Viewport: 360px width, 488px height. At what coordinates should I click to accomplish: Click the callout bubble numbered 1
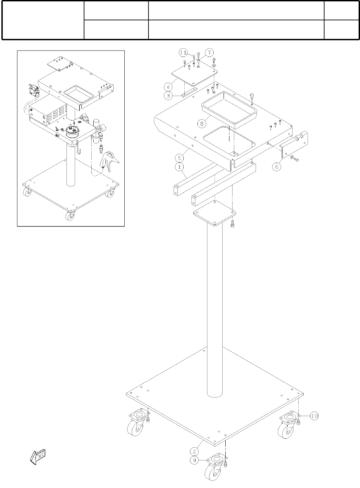coord(179,167)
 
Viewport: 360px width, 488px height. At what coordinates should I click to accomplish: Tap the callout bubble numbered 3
coord(168,96)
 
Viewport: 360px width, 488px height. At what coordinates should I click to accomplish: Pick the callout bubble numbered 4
coord(168,86)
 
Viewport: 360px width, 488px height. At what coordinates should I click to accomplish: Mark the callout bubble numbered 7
coord(209,53)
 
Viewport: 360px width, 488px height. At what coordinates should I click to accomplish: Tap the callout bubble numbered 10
coord(314,416)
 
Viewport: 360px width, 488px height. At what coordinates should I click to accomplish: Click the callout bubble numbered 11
coord(183,53)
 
